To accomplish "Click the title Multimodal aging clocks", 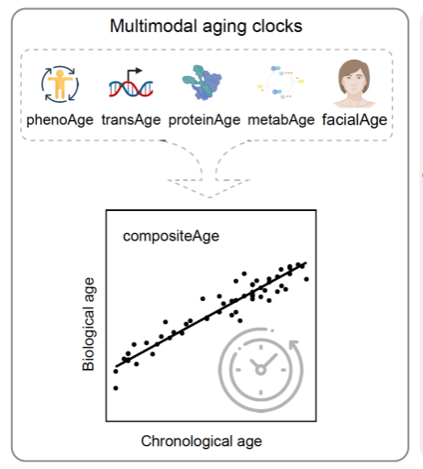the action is coord(206,27).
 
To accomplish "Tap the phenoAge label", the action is coord(60,120).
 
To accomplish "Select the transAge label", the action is coord(131,120).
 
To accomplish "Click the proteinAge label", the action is coord(205,120).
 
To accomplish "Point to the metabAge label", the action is coord(281,120).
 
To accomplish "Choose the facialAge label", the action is coord(354,120).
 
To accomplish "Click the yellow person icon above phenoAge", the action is coord(61,84).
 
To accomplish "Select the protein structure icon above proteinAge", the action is coord(202,83).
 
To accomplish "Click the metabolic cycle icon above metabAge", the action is coord(281,82).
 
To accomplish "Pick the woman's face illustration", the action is coord(354,84).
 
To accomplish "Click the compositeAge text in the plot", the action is coord(171,236).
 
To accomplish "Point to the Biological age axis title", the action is coord(88,324).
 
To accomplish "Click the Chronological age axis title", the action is coord(201,441).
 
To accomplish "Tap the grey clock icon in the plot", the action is coord(261,370).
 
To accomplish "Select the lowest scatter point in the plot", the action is coord(116,388).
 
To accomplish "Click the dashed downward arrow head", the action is coord(209,188).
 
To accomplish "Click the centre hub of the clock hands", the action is coord(261,370).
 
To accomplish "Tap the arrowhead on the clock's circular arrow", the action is coord(294,345).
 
